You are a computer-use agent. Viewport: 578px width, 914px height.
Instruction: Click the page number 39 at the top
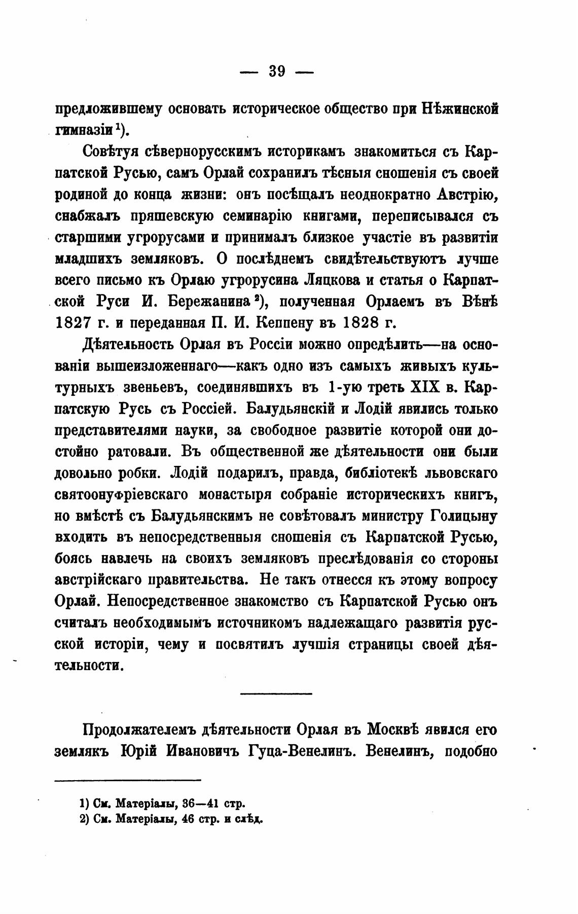[277, 72]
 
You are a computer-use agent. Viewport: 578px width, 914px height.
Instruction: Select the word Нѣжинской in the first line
[459, 109]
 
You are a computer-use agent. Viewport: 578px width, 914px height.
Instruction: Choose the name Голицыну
[463, 516]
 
